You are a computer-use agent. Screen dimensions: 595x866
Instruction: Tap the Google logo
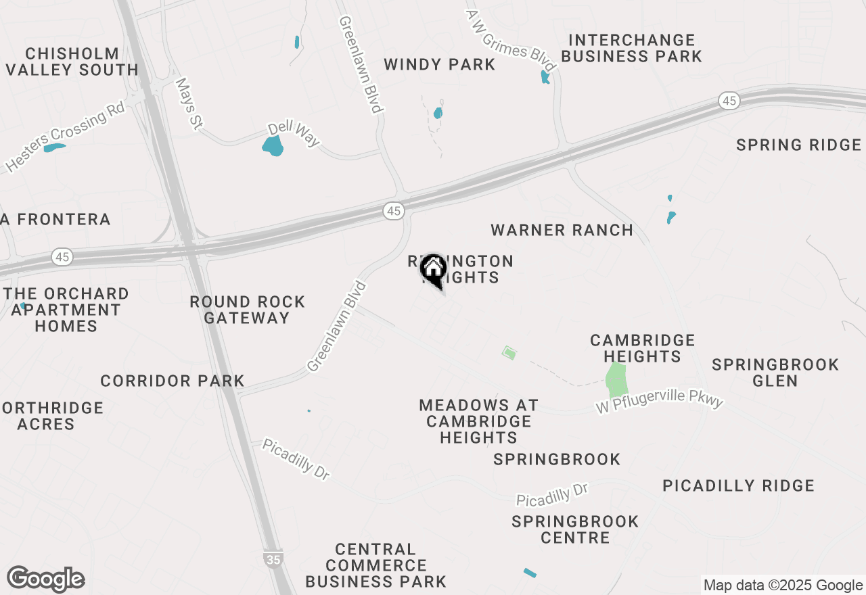click(45, 579)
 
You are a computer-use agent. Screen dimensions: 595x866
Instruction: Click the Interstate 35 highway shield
click(273, 558)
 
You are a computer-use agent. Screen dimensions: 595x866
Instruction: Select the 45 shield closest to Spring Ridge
click(728, 101)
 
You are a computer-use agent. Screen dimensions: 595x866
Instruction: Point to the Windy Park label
click(440, 65)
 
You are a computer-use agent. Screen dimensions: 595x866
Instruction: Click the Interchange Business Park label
click(631, 49)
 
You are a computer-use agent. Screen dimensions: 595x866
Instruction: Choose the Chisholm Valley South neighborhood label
click(72, 62)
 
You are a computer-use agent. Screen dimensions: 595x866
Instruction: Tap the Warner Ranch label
click(562, 231)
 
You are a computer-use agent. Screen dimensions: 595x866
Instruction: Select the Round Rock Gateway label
click(247, 310)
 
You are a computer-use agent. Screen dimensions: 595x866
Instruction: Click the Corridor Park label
click(173, 381)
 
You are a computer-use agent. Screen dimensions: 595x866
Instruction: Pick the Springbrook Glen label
click(775, 373)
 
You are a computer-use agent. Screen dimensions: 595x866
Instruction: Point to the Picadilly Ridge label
click(738, 486)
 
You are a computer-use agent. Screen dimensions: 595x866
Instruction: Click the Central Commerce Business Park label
click(375, 565)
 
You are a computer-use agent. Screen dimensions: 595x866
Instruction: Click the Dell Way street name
click(294, 134)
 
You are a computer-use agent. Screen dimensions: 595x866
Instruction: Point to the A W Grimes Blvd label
click(511, 41)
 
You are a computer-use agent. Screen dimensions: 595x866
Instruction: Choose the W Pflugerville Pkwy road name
click(660, 403)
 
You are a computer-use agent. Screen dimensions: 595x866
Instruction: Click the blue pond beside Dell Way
click(273, 146)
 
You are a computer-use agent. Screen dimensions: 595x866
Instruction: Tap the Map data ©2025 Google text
click(782, 586)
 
